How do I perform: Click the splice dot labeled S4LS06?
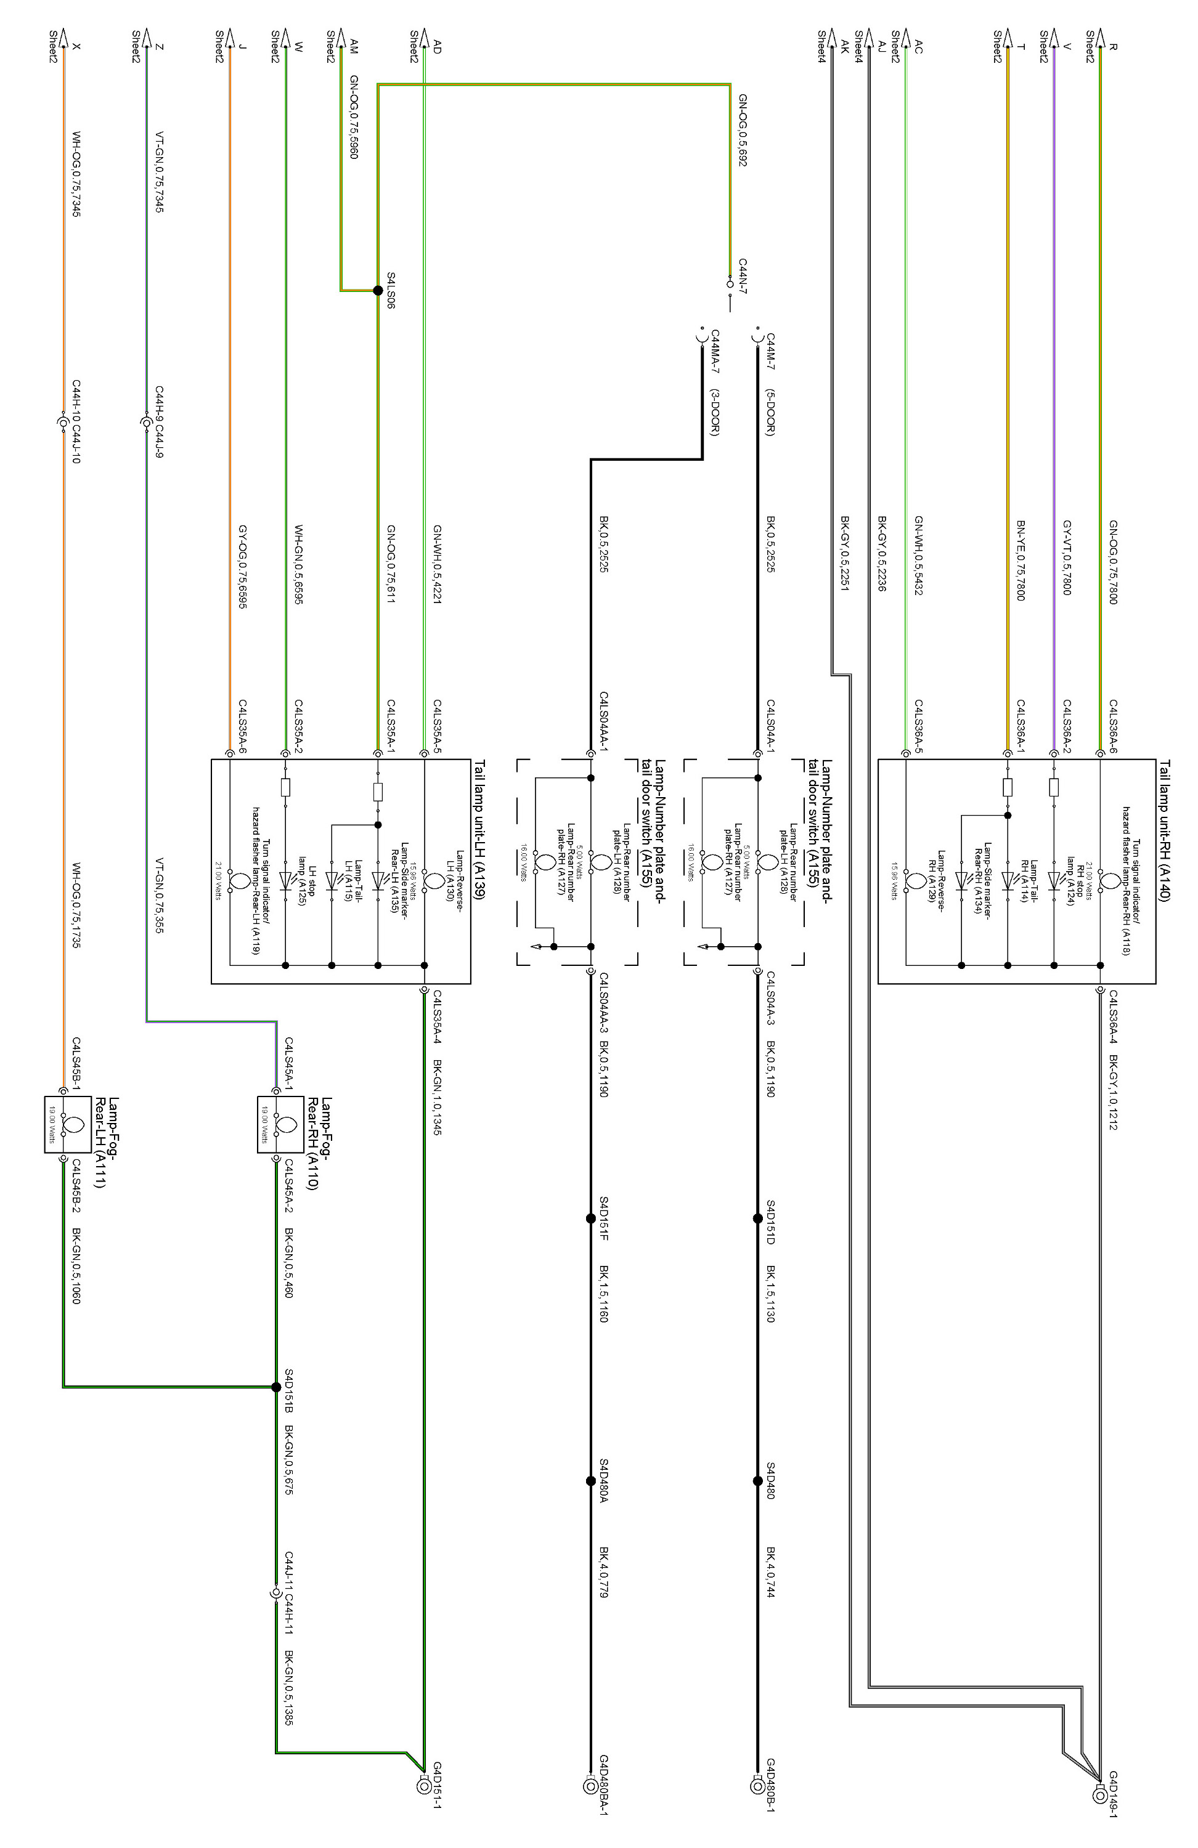tap(378, 290)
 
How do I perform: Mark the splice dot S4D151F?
tap(590, 1219)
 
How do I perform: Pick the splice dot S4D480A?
tap(590, 1481)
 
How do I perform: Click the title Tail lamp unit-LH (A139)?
tap(479, 829)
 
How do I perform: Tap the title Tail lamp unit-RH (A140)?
tap(1165, 829)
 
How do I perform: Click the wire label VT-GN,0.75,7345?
tap(159, 172)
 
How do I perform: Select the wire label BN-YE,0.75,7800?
tap(1021, 560)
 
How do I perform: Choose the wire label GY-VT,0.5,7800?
tap(1067, 557)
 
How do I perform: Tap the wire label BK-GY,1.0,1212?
tap(1114, 1092)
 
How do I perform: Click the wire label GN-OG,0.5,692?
tap(742, 131)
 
